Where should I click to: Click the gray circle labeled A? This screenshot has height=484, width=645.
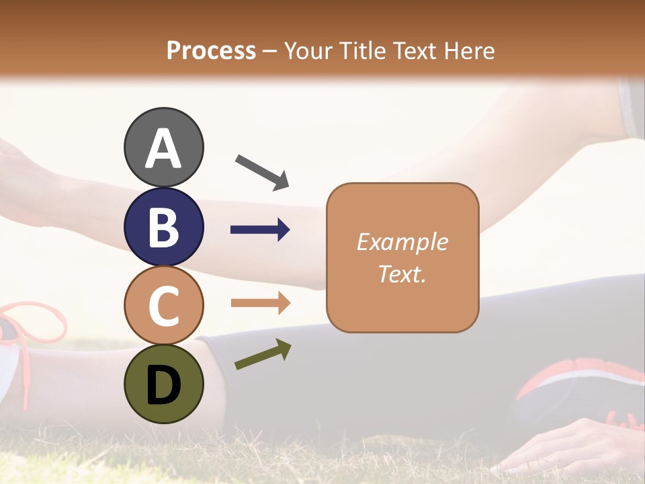[x=164, y=147]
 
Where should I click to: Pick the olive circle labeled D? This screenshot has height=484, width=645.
[x=164, y=383]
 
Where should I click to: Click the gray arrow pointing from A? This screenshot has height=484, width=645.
[x=262, y=171]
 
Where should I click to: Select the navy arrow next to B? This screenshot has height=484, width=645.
[x=260, y=230]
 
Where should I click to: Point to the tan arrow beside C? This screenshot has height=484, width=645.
[x=260, y=303]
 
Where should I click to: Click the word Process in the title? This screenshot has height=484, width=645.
[x=211, y=50]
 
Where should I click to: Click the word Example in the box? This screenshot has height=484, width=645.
[x=402, y=242]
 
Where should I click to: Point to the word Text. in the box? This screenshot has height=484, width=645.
[x=402, y=274]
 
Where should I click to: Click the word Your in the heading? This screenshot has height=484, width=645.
[x=307, y=50]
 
